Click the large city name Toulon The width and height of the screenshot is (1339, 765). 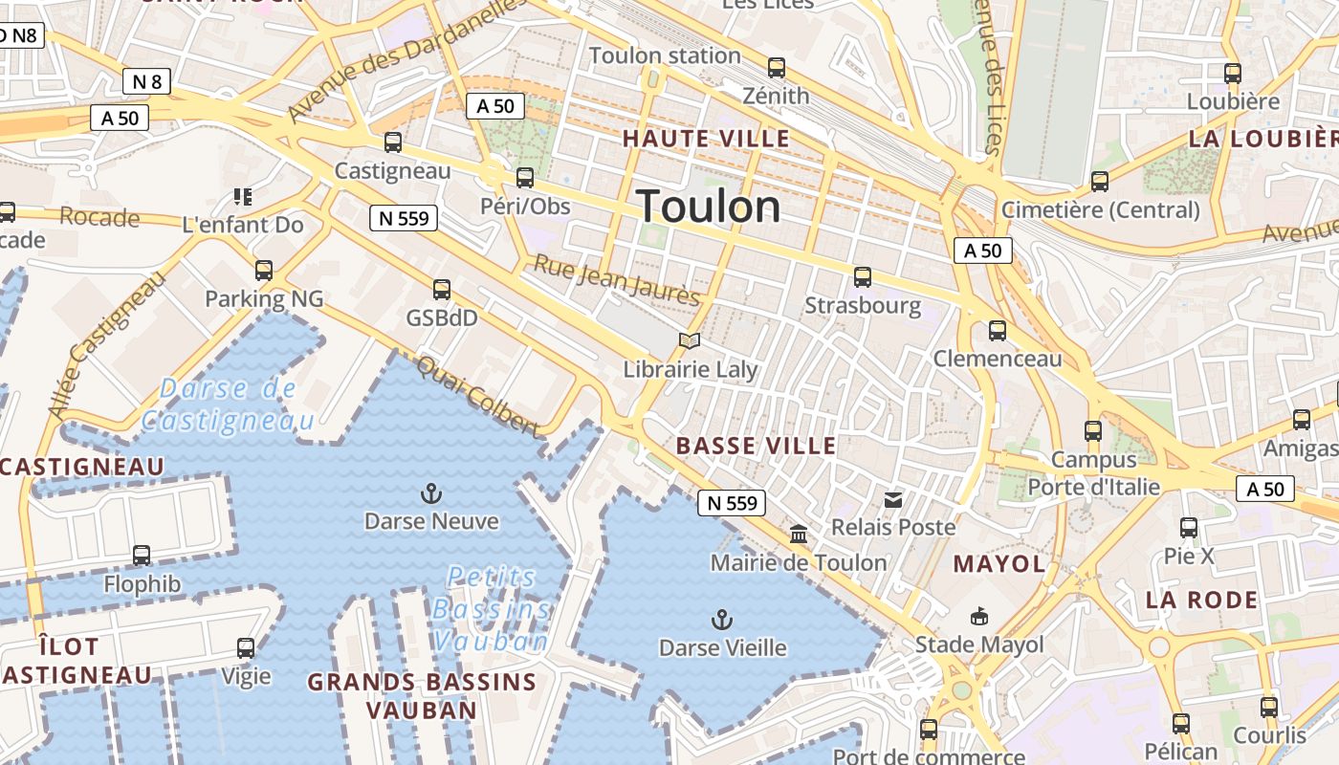pyautogui.click(x=708, y=207)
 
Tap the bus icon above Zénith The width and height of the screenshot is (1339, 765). pyautogui.click(x=777, y=68)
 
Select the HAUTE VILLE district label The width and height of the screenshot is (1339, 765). pyautogui.click(x=706, y=139)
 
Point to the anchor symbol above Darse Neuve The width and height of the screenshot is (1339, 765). pyautogui.click(x=431, y=494)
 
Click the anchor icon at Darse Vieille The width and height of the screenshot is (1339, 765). pyautogui.click(x=723, y=620)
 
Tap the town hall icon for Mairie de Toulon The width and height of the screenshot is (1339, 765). pyautogui.click(x=799, y=535)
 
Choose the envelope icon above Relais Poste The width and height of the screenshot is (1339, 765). pyautogui.click(x=893, y=499)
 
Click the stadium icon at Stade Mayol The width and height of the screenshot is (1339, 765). pyautogui.click(x=979, y=616)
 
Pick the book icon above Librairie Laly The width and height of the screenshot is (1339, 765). pyautogui.click(x=690, y=340)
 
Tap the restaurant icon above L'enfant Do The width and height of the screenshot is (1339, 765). pyautogui.click(x=243, y=197)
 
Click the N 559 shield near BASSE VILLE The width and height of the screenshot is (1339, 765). pyautogui.click(x=733, y=503)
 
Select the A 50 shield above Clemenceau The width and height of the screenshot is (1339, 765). pyautogui.click(x=983, y=251)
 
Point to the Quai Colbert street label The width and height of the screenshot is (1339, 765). pyautogui.click(x=478, y=395)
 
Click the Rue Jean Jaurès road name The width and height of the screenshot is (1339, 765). pyautogui.click(x=617, y=279)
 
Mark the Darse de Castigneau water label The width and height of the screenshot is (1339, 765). pyautogui.click(x=228, y=404)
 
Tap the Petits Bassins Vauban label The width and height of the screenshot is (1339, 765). pyautogui.click(x=492, y=608)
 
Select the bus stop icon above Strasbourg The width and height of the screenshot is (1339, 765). pyautogui.click(x=863, y=277)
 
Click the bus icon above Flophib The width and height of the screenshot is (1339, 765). pyautogui.click(x=142, y=555)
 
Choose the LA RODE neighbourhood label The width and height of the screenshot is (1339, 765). pyautogui.click(x=1202, y=601)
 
